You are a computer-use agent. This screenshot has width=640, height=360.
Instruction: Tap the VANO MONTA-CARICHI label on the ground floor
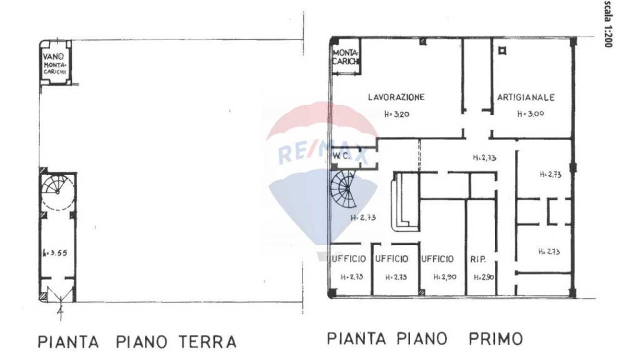pos(56,64)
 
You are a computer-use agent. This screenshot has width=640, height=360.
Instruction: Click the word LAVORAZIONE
pos(396,97)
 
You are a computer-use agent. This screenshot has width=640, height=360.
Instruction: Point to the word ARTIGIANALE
pos(526,97)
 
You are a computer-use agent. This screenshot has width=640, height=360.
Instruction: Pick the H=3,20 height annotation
pos(397,114)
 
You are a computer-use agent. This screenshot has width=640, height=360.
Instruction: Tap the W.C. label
pos(341,155)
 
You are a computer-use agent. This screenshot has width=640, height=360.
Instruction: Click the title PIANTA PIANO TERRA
pos(137,342)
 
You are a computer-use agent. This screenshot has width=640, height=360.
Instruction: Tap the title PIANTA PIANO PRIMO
pos(425,339)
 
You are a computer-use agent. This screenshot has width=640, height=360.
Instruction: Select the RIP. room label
pos(477,259)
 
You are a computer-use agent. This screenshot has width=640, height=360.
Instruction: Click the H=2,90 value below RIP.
pos(484,277)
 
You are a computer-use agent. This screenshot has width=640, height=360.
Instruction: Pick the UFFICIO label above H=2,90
pos(437,259)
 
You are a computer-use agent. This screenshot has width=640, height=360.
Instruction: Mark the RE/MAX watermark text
pos(323,152)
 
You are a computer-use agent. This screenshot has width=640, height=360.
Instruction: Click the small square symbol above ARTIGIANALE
pos(499,52)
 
